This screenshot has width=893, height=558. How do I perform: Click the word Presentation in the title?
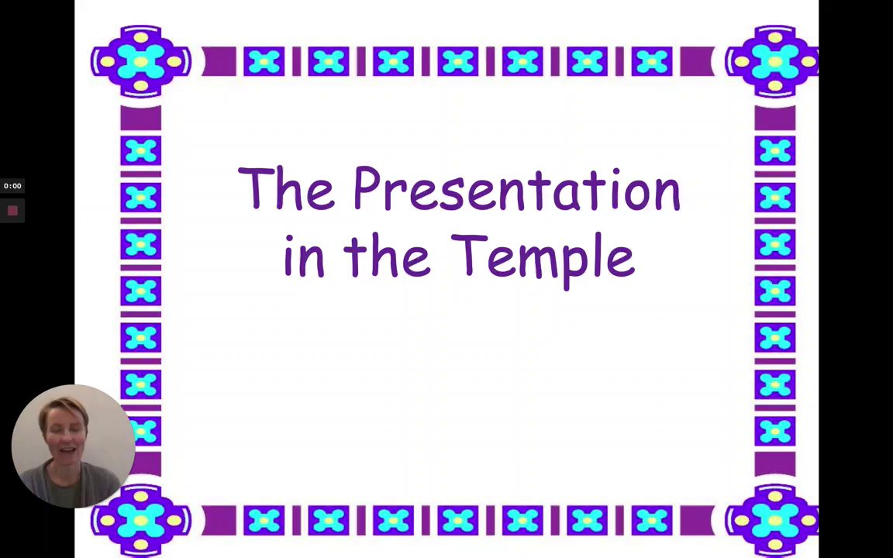(x=516, y=189)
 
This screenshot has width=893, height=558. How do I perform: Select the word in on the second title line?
(x=304, y=257)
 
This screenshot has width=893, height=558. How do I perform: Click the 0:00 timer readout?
(x=12, y=186)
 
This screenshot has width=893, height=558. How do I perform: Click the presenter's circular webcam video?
(x=73, y=446)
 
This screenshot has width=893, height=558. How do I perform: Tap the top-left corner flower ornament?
(x=140, y=61)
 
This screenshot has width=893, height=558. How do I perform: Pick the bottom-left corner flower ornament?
(x=140, y=521)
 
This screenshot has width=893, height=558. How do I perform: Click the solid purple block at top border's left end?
(x=219, y=61)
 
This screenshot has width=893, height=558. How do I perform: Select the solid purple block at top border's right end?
(x=697, y=61)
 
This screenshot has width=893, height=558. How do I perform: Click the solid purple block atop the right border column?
(x=774, y=117)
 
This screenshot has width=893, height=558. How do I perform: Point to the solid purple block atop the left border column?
(x=140, y=117)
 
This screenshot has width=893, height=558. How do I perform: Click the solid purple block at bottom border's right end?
(x=697, y=521)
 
